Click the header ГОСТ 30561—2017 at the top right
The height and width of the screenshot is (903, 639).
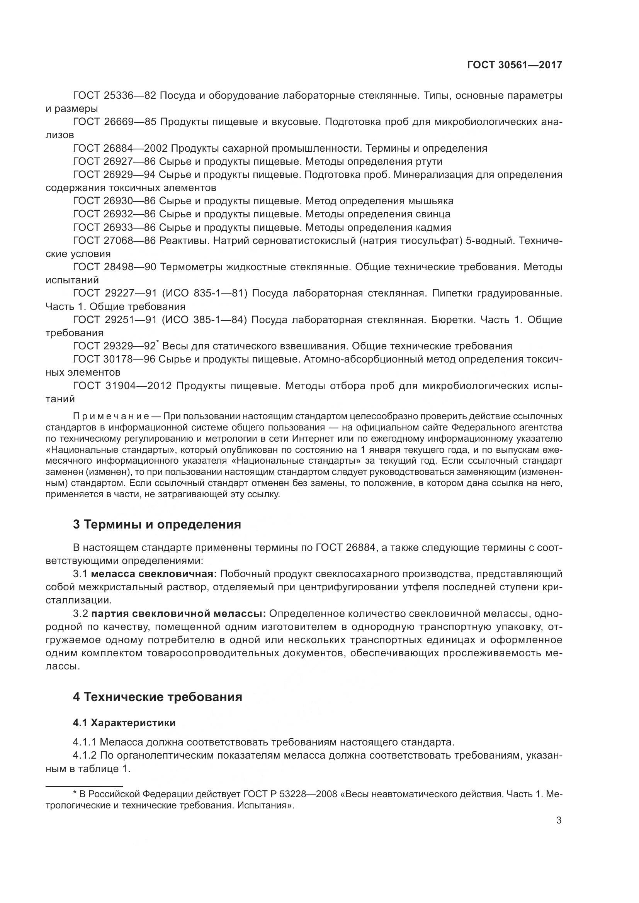[x=515, y=65]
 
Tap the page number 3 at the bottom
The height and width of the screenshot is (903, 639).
[x=559, y=820]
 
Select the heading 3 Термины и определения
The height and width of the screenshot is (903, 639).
[x=156, y=524]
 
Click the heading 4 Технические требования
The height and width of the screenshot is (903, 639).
[x=157, y=697]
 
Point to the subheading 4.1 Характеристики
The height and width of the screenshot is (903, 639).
[x=124, y=723]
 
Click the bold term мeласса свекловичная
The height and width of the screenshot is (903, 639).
[x=153, y=574]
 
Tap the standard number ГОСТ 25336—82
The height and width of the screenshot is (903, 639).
[x=115, y=96]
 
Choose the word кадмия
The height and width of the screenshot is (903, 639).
[x=433, y=227]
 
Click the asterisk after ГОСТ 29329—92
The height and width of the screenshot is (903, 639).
[x=157, y=342]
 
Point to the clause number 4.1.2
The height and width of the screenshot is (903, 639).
[x=85, y=756]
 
